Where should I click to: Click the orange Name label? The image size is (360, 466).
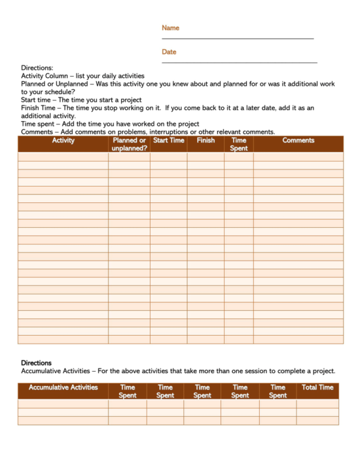pyautogui.click(x=170, y=28)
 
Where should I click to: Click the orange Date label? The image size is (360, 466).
pyautogui.click(x=169, y=52)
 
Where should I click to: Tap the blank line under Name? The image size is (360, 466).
pyautogui.click(x=238, y=39)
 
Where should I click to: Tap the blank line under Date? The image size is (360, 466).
pyautogui.click(x=239, y=62)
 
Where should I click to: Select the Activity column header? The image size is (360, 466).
pyautogui.click(x=63, y=141)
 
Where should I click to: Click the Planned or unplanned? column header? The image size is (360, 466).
pyautogui.click(x=129, y=144)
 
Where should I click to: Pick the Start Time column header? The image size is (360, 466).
pyautogui.click(x=168, y=141)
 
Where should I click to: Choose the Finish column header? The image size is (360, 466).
pyautogui.click(x=206, y=141)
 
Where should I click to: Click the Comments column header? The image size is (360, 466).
pyautogui.click(x=298, y=141)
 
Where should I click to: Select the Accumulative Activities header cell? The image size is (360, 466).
pyautogui.click(x=63, y=387)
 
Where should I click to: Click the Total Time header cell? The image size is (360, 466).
pyautogui.click(x=317, y=387)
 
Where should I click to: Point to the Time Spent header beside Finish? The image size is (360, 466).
pyautogui.click(x=239, y=144)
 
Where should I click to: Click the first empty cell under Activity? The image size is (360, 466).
pyautogui.click(x=63, y=156)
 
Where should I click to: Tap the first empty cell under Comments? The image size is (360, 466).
pyautogui.click(x=298, y=156)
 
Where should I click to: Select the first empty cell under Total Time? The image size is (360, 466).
pyautogui.click(x=317, y=403)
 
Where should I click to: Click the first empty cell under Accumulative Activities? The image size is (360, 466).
pyautogui.click(x=63, y=403)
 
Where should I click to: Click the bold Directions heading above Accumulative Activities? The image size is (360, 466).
pyautogui.click(x=36, y=363)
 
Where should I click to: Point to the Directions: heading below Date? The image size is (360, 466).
pyautogui.click(x=37, y=67)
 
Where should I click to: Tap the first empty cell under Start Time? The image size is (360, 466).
pyautogui.click(x=168, y=156)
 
